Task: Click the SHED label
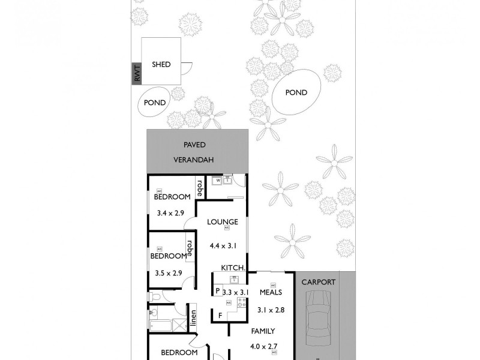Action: [161, 64]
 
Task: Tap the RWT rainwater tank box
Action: [137, 74]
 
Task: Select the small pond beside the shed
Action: [154, 103]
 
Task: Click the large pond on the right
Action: [296, 92]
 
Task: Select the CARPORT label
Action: [318, 281]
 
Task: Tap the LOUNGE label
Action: [219, 221]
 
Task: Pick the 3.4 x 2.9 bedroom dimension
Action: [169, 212]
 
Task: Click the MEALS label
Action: [271, 292]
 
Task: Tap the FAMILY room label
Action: [262, 331]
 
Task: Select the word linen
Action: [194, 319]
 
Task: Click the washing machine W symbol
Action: [218, 179]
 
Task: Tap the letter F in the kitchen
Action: [220, 316]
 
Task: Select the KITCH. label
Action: [232, 268]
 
